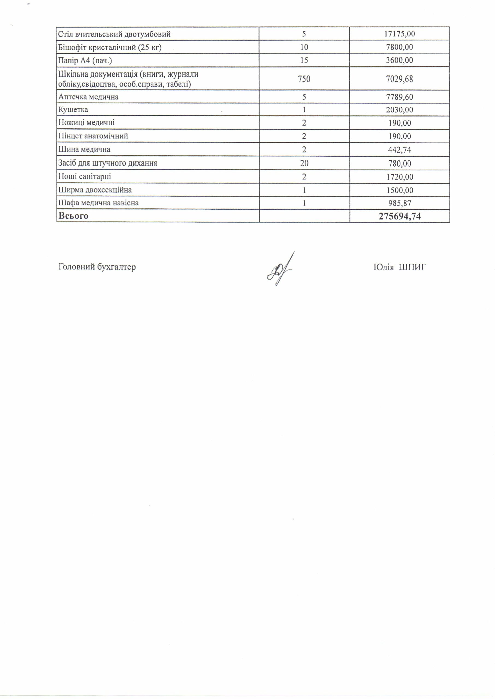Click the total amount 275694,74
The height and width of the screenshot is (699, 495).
point(400,216)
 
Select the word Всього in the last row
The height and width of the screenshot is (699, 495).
point(73,216)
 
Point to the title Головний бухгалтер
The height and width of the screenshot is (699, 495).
point(97,267)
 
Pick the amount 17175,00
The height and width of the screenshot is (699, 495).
point(399,34)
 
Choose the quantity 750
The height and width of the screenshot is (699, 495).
point(304,79)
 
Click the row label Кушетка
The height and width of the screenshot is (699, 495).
point(73,110)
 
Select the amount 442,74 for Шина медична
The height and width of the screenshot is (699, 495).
point(399,150)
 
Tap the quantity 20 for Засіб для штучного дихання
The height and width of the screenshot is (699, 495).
point(304,163)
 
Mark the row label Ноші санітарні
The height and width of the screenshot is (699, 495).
point(85,177)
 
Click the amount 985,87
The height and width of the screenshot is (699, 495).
point(399,203)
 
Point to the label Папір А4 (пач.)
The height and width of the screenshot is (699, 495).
point(85,60)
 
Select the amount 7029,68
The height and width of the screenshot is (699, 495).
point(399,79)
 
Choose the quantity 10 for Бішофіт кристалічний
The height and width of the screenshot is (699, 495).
point(304,47)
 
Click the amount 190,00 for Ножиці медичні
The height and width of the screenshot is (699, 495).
point(400,123)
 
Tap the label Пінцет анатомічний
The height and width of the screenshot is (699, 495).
point(93,136)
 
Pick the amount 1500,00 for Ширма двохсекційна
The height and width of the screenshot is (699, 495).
point(399,190)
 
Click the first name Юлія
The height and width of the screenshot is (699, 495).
point(384,267)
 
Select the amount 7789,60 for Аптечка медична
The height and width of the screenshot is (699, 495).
point(399,97)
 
